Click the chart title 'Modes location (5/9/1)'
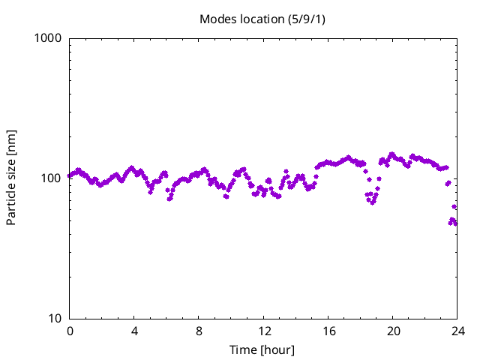[x=262, y=19]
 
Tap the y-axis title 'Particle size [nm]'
[x=11, y=178]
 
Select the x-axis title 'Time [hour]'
[x=262, y=350]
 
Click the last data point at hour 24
[x=455, y=223]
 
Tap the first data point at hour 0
[x=70, y=175]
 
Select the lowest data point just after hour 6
[x=169, y=199]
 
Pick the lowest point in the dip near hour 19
[x=372, y=202]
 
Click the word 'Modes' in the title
[x=217, y=19]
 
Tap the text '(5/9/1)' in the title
[x=307, y=19]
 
